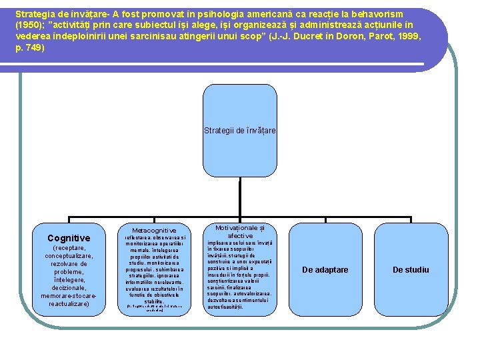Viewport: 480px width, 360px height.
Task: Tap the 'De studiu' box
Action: click(411, 270)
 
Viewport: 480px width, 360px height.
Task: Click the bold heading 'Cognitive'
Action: click(69, 238)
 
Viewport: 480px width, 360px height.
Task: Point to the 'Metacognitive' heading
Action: click(154, 231)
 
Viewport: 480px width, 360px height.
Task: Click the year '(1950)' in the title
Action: click(30, 25)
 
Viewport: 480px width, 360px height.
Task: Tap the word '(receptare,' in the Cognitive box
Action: click(69, 248)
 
